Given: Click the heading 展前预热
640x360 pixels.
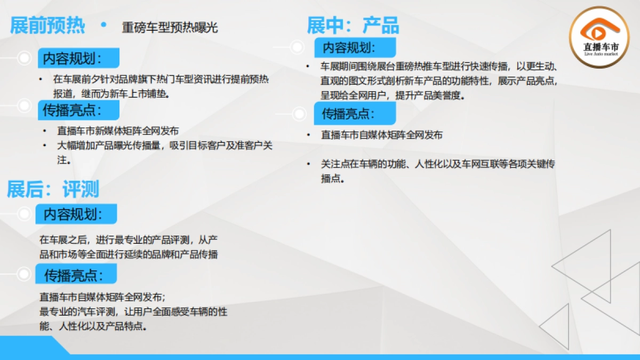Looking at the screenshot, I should pos(47,26).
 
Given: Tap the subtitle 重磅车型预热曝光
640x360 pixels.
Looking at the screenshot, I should pos(170,28).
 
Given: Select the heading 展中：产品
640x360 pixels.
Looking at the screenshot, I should pos(353,25).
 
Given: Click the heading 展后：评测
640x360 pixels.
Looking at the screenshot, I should pos(52,189).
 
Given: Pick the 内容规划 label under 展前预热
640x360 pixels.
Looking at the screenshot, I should pos(78,58).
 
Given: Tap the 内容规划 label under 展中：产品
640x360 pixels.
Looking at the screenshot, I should pos(354,47).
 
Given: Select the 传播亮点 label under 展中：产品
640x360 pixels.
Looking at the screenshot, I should pos(354,114).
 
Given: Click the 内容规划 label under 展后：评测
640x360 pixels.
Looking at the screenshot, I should pos(76,214).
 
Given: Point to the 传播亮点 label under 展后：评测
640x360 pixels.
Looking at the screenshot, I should pos(76,275).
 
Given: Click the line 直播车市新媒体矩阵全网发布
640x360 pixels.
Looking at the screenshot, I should pos(118,131).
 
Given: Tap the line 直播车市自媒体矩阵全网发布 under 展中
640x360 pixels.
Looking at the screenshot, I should pos(381,135).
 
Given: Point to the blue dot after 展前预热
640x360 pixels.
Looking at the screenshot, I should pos(103,24).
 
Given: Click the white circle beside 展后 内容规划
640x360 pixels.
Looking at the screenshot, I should pos(23,214).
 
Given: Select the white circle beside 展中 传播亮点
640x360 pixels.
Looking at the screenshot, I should pos(298,113).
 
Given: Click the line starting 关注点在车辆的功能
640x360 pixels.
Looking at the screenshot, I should pos(437,164).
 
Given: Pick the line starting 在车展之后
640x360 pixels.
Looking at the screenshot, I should pos(128,239).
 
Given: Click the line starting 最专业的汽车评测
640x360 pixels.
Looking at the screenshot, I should pos(133,312).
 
